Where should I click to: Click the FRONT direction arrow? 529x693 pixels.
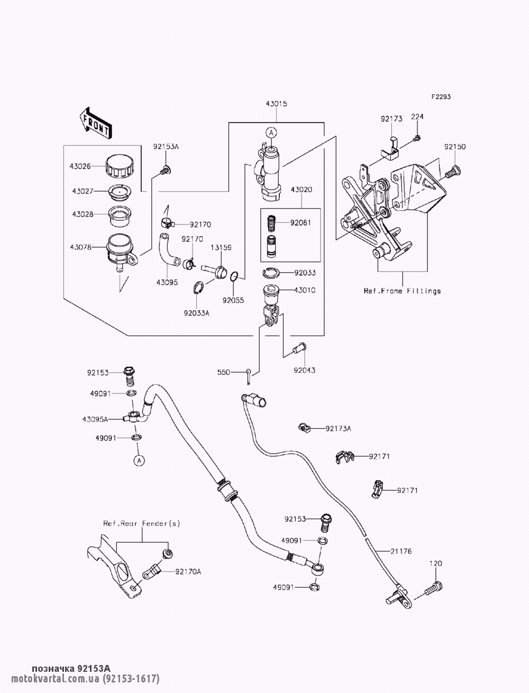(95, 123)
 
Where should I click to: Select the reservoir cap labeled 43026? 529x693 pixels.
(120, 166)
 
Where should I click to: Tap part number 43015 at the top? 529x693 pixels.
(276, 104)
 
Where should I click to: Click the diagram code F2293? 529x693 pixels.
(441, 96)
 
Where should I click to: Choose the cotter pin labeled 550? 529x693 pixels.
(249, 377)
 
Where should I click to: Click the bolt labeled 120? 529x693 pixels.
(434, 588)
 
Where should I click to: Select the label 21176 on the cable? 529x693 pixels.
(401, 552)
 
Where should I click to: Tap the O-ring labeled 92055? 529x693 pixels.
(234, 276)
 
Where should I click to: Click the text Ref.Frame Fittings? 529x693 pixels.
(402, 291)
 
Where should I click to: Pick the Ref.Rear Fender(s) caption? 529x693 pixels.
(142, 524)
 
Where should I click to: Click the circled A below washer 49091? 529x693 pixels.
(139, 461)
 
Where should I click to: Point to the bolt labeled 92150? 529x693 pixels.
(453, 172)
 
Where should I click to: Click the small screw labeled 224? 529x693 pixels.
(417, 138)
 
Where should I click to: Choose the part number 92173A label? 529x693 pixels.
(338, 428)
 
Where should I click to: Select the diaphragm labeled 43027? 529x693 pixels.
(120, 191)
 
